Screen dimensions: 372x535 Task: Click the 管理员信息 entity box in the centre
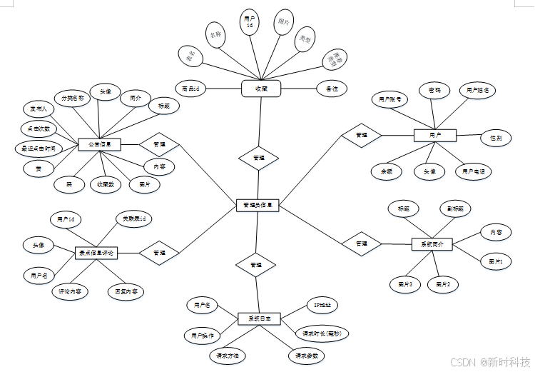[x=258, y=206]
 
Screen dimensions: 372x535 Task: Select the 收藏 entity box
[x=260, y=88]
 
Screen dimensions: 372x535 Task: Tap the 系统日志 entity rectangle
[x=259, y=318]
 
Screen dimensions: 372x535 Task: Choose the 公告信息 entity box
[x=99, y=144]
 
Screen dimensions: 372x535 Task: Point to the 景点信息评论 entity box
[x=96, y=253]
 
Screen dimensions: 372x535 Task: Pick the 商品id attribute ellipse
[x=190, y=88]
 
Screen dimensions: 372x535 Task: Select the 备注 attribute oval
[x=332, y=89]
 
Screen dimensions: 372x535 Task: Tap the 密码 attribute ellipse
[x=434, y=91]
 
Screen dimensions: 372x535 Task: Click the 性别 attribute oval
[x=495, y=137]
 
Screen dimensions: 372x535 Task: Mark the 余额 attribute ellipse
[x=387, y=171]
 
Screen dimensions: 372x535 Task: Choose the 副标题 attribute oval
[x=455, y=209]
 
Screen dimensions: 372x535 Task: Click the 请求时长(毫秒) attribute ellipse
[x=322, y=333]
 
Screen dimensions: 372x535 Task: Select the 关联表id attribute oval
[x=134, y=218]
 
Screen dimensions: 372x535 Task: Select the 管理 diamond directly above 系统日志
[x=255, y=265]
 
